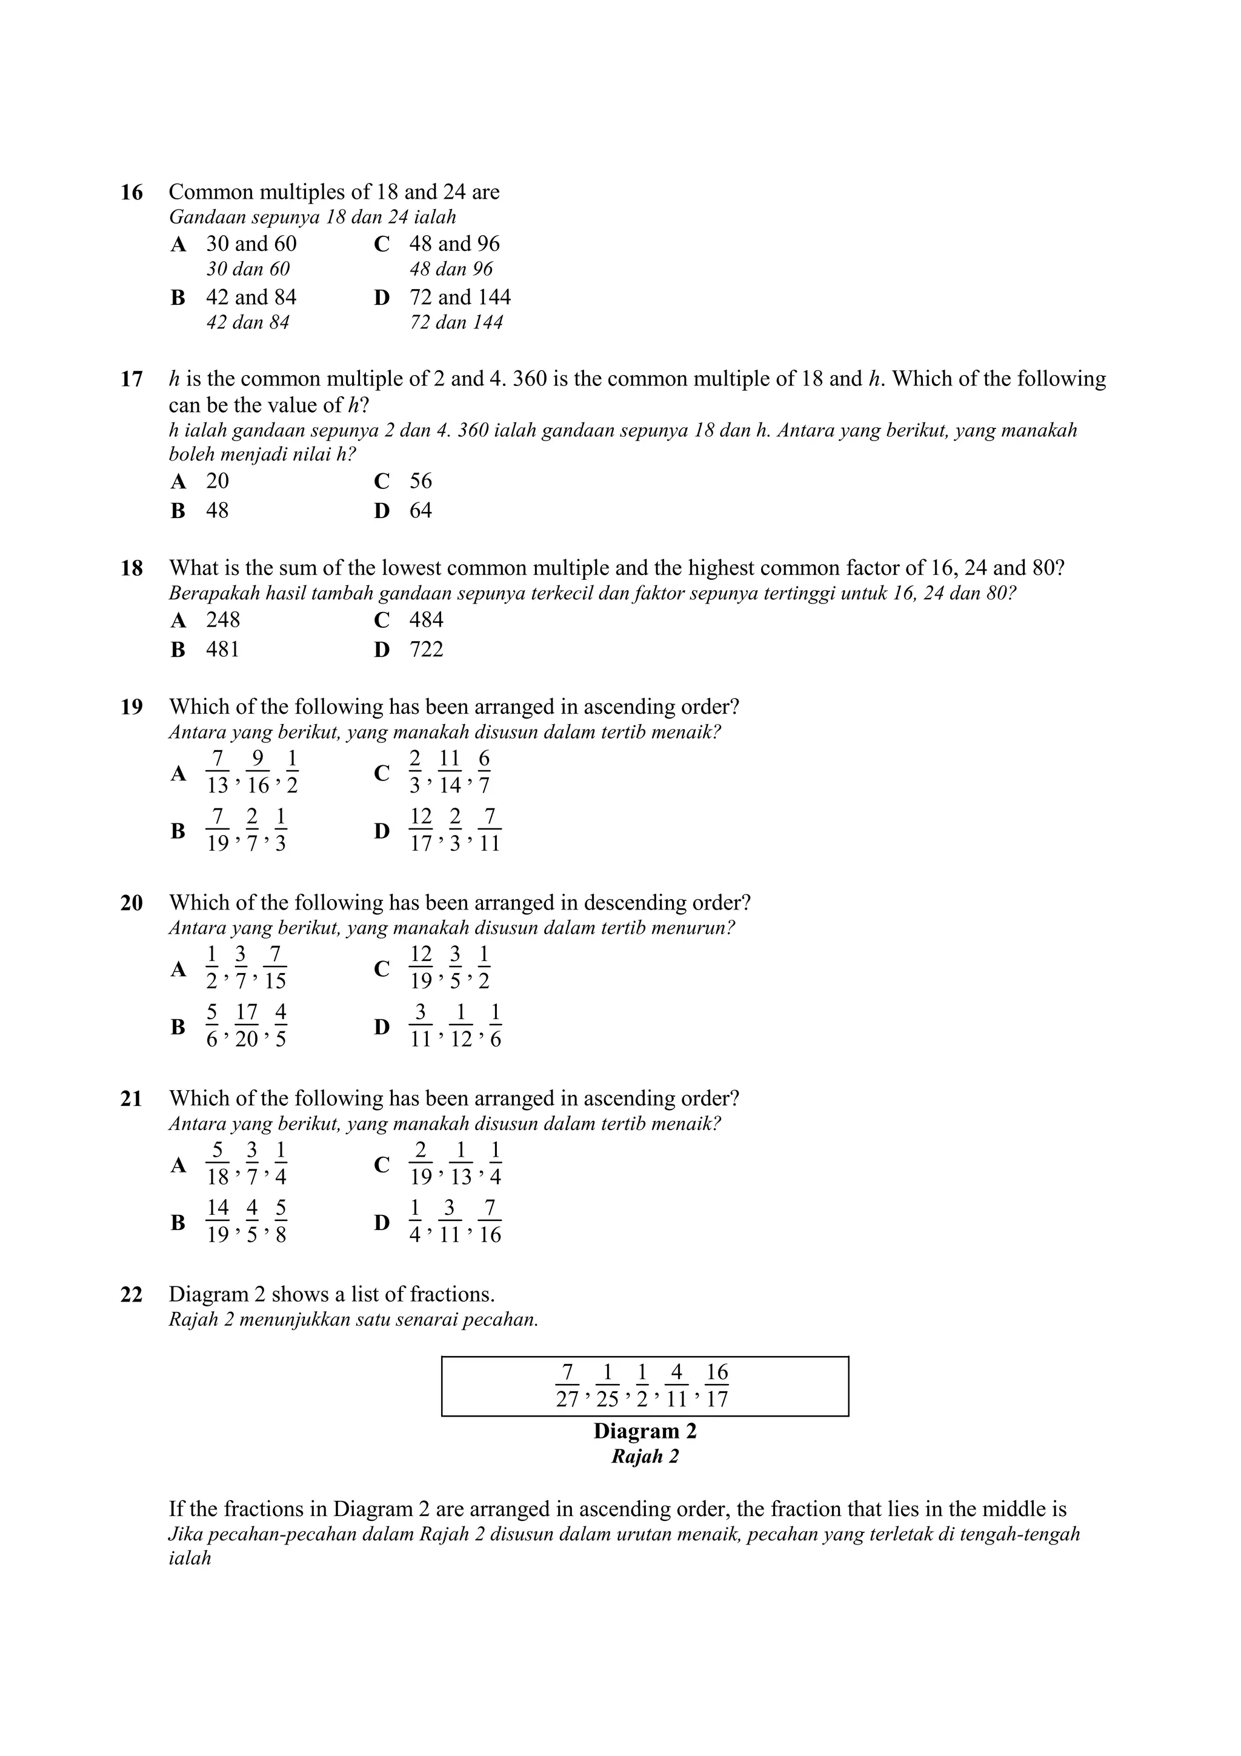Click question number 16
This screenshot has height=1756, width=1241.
(131, 193)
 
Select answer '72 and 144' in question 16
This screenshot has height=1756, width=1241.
(459, 297)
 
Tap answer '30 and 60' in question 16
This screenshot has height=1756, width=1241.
(251, 244)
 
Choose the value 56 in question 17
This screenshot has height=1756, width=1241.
(421, 481)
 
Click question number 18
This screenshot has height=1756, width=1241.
(131, 569)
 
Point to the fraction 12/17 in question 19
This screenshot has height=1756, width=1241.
(421, 830)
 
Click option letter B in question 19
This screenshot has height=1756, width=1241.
(178, 831)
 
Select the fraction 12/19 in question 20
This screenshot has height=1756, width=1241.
(421, 968)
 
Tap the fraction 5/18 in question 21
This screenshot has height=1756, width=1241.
(218, 1163)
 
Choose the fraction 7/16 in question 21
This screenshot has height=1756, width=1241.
(490, 1222)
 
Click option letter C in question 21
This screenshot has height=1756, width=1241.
(382, 1165)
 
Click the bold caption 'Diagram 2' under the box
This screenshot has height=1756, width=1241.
(645, 1431)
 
